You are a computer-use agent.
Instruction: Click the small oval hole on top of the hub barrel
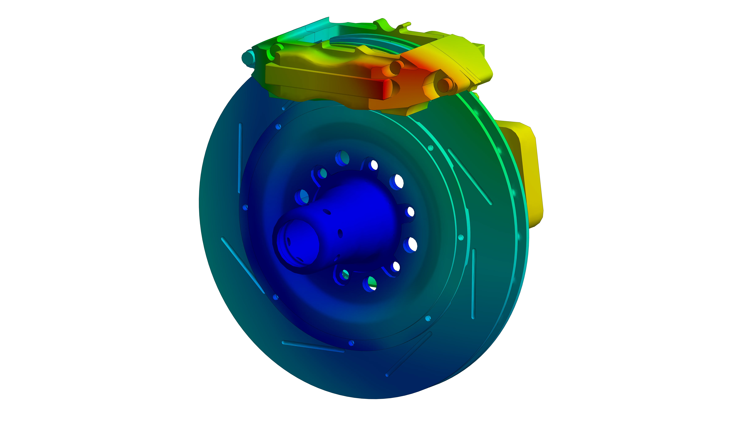point(327,212)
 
